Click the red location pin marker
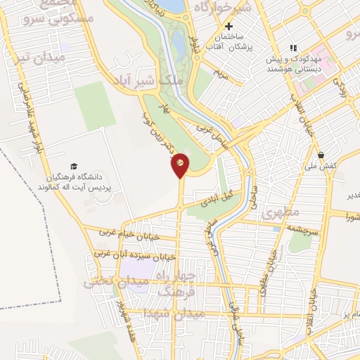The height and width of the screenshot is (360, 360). [180, 164]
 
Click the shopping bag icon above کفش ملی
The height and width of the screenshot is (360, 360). [321, 155]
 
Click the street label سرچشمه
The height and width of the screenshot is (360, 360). [302, 229]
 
